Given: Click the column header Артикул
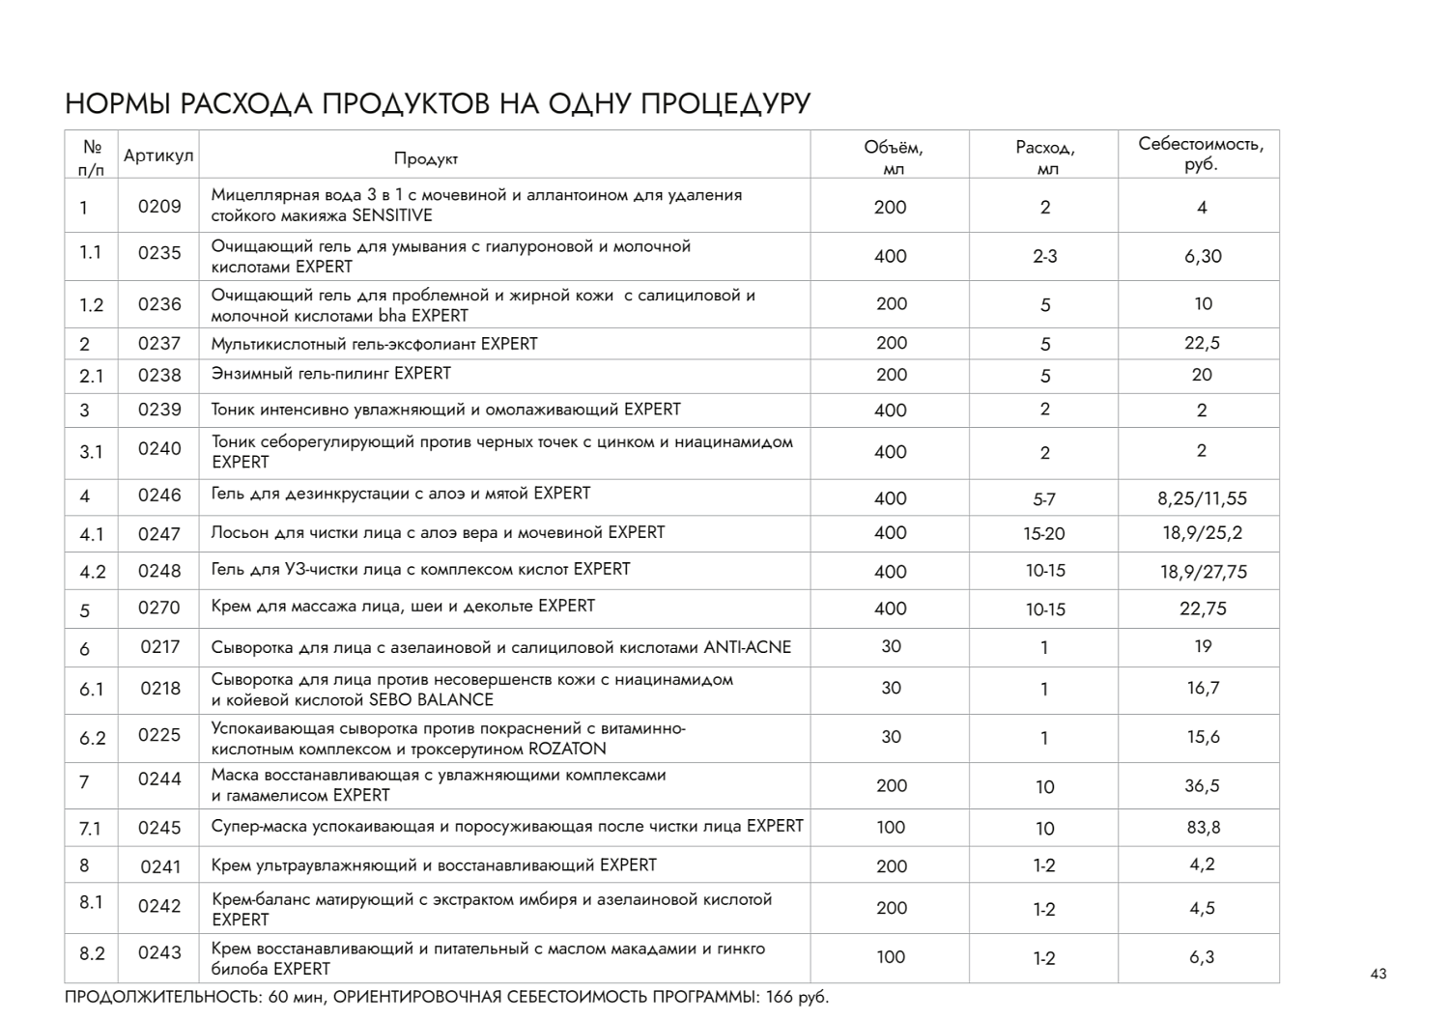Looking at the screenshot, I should pos(158,156).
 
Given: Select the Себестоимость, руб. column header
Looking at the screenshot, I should pos(1201,155).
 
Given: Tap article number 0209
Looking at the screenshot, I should pos(159,206).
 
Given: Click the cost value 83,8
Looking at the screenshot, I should pos(1203,827).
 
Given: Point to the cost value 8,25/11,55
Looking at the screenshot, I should pos(1202,498).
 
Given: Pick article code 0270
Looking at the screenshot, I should pos(159,609).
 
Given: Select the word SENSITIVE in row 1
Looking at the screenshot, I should pos(392,215).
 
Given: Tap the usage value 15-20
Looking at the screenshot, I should pos(1044,533).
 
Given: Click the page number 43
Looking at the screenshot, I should pos(1378,974).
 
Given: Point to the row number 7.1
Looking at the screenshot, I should pos(91,828).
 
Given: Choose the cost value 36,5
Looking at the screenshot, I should pos(1202,785).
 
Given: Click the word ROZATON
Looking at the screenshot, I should pos(567,749).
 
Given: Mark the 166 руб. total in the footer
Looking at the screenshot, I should pos(797,997).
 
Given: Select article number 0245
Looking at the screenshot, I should pos(159,828).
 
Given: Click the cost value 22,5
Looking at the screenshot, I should pos(1202,343).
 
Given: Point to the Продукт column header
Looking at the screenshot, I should pos(426,158).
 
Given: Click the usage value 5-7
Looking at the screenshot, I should pos(1044,499).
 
